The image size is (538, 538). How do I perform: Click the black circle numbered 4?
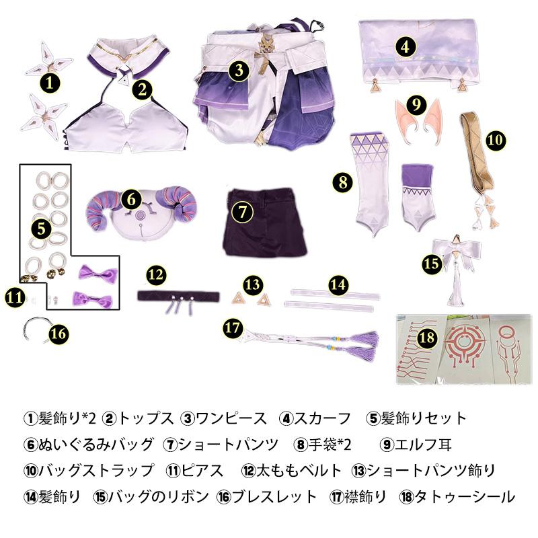click(406, 47)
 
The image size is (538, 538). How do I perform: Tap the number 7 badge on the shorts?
click(242, 212)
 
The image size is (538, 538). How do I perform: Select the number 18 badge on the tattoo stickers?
click(427, 338)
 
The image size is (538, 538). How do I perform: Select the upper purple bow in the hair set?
click(98, 273)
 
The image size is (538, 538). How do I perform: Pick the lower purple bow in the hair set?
click(92, 299)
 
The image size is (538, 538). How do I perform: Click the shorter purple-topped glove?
click(418, 197)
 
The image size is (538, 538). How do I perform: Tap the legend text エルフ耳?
click(423, 445)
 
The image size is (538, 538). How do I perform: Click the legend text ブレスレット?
click(274, 496)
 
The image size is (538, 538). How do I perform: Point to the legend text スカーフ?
click(322, 418)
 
